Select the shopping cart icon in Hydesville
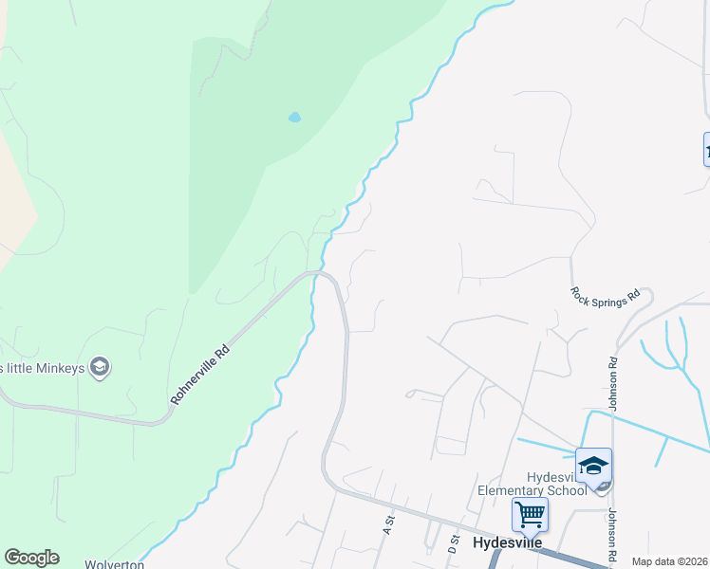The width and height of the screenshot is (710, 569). click(529, 515)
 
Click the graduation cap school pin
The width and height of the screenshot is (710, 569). click(593, 466)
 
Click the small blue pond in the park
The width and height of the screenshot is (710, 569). click(294, 118)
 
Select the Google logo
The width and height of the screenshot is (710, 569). click(31, 558)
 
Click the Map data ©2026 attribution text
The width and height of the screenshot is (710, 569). click(669, 561)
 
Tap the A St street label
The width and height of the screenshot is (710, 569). click(387, 524)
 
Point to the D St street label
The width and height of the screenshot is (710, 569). click(453, 543)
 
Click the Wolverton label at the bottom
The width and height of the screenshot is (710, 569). click(113, 564)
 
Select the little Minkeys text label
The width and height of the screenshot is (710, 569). click(42, 368)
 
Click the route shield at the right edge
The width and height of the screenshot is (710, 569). click(706, 149)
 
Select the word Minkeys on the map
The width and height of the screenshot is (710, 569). click(59, 368)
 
